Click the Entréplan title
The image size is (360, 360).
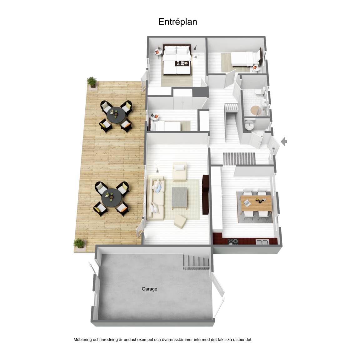(x=178, y=22)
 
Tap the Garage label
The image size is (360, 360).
(x=149, y=289)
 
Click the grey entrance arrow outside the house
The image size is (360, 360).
(x=284, y=141)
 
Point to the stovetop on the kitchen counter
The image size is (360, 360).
(x=233, y=241)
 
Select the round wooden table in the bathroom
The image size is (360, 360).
(x=256, y=110)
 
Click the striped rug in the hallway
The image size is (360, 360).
(x=239, y=158)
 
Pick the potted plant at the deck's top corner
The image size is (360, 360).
(x=92, y=82)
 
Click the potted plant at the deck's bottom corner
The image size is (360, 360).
(x=79, y=244)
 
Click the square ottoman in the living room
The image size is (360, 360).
(x=180, y=222)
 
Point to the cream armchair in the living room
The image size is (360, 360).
(x=180, y=172)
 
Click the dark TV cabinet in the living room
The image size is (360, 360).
(x=206, y=195)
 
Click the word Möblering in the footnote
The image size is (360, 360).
(x=82, y=340)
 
